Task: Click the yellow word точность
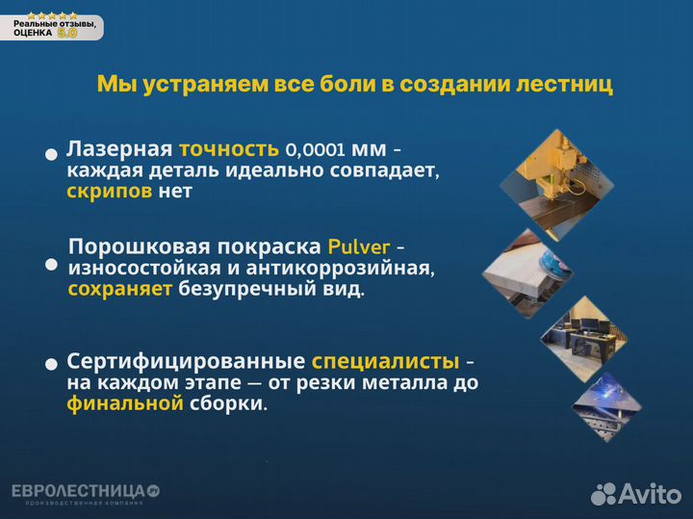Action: tap(229, 149)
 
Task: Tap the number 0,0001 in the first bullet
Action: tap(316, 150)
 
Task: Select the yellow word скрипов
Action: tap(110, 191)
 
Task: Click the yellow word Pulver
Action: tap(358, 246)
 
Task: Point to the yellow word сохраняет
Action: tap(120, 289)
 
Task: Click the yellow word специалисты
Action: tap(385, 362)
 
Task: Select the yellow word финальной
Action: tap(125, 403)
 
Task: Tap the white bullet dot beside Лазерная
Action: tap(51, 154)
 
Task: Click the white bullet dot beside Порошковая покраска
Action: tap(51, 264)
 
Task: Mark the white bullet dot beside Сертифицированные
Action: tap(51, 365)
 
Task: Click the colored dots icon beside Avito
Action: tap(603, 494)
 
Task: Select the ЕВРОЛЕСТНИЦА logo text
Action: tap(79, 491)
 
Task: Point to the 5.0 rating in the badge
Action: tap(67, 32)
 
